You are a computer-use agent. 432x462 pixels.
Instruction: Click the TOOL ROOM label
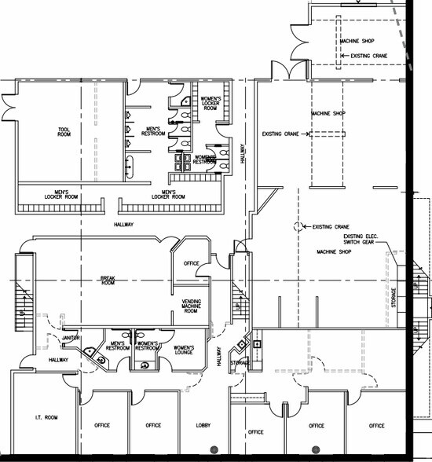(64, 132)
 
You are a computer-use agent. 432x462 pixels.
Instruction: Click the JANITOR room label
(71, 338)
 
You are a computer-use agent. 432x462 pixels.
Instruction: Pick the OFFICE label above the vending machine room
(191, 263)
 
